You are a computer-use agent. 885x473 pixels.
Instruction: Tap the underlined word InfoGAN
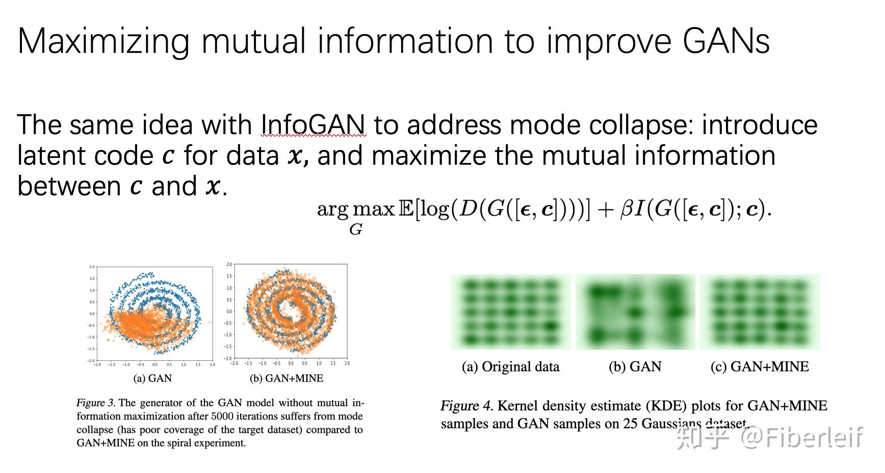point(313,124)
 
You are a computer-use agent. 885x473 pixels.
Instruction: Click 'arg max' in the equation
point(356,209)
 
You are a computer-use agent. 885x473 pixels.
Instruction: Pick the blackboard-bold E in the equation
point(406,209)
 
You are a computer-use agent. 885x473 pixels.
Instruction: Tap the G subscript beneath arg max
point(355,230)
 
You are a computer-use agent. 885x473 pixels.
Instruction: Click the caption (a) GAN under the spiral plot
point(152,378)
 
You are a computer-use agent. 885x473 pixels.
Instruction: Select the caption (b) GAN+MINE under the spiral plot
point(287,378)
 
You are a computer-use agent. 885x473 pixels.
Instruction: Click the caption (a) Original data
point(510,366)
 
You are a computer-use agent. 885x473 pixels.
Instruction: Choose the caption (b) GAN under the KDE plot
point(635,366)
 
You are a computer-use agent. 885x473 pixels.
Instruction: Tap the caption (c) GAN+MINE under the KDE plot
point(760,366)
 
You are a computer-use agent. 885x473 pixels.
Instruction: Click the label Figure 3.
point(96,403)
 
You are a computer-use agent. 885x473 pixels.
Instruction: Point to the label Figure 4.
point(466,406)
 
